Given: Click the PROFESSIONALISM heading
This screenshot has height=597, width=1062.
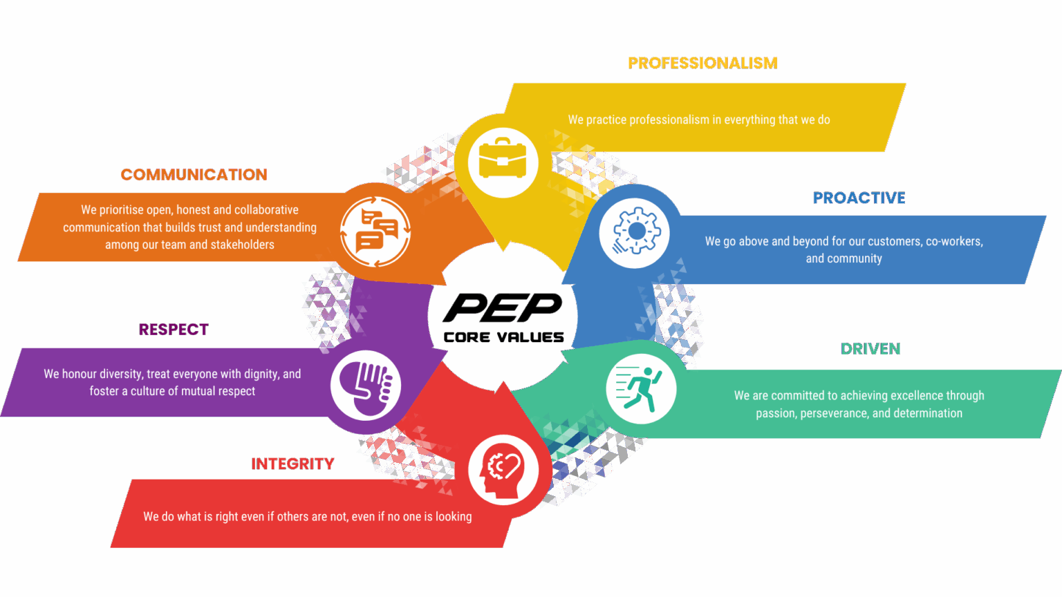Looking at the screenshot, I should click(702, 63).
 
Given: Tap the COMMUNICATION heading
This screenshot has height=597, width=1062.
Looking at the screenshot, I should click(194, 175).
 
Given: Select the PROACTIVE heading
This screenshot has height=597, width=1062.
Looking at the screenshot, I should click(859, 198).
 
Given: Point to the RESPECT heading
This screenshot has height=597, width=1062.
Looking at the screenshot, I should click(174, 330).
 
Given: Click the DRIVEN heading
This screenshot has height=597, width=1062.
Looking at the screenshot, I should click(870, 349).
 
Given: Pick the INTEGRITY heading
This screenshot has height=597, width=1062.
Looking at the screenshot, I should click(292, 464).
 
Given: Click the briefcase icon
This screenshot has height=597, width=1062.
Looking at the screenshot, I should click(503, 162).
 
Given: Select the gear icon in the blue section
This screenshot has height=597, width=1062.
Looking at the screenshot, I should click(634, 233).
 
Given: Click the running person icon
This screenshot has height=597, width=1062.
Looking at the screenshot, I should click(641, 388).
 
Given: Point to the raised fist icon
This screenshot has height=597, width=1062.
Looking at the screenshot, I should click(366, 386).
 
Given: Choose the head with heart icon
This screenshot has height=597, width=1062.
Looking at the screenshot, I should click(503, 470).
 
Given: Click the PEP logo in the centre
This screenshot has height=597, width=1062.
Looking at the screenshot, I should click(503, 307).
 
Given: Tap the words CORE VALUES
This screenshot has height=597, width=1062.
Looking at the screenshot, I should click(504, 337).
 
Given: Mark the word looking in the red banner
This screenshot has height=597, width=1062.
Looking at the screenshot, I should click(454, 517).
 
